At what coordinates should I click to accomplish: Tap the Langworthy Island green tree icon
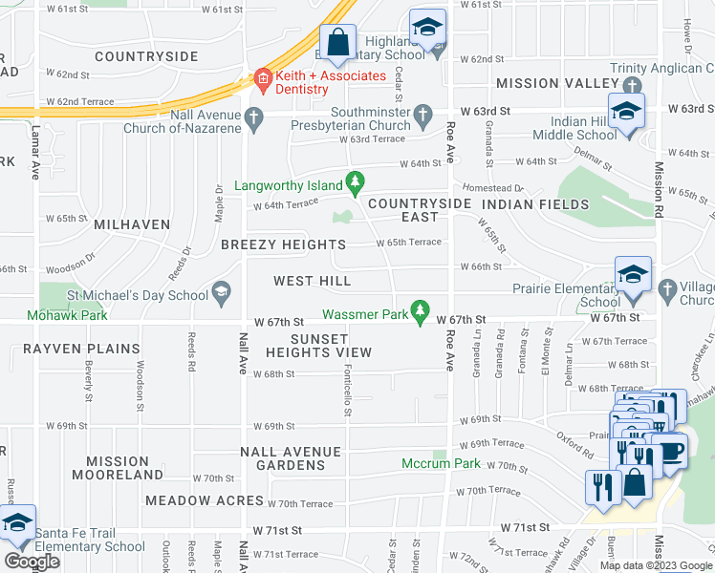(356, 180)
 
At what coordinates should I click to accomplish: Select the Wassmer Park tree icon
(419, 311)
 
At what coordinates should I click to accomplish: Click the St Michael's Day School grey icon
(222, 293)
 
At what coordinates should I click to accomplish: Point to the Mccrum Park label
(441, 463)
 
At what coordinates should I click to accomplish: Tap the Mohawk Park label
(54, 314)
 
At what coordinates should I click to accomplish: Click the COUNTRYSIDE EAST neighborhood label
(420, 211)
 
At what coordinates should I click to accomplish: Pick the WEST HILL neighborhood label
(312, 281)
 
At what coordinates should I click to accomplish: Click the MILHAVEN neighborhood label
(132, 224)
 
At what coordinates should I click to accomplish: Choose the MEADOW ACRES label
(204, 500)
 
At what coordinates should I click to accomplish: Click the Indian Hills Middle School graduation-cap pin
(626, 111)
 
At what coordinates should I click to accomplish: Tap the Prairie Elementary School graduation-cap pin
(633, 275)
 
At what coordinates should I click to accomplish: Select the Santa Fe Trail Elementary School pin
(16, 523)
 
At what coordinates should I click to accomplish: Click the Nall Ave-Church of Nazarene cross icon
(253, 118)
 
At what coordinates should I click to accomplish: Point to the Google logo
(32, 562)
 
